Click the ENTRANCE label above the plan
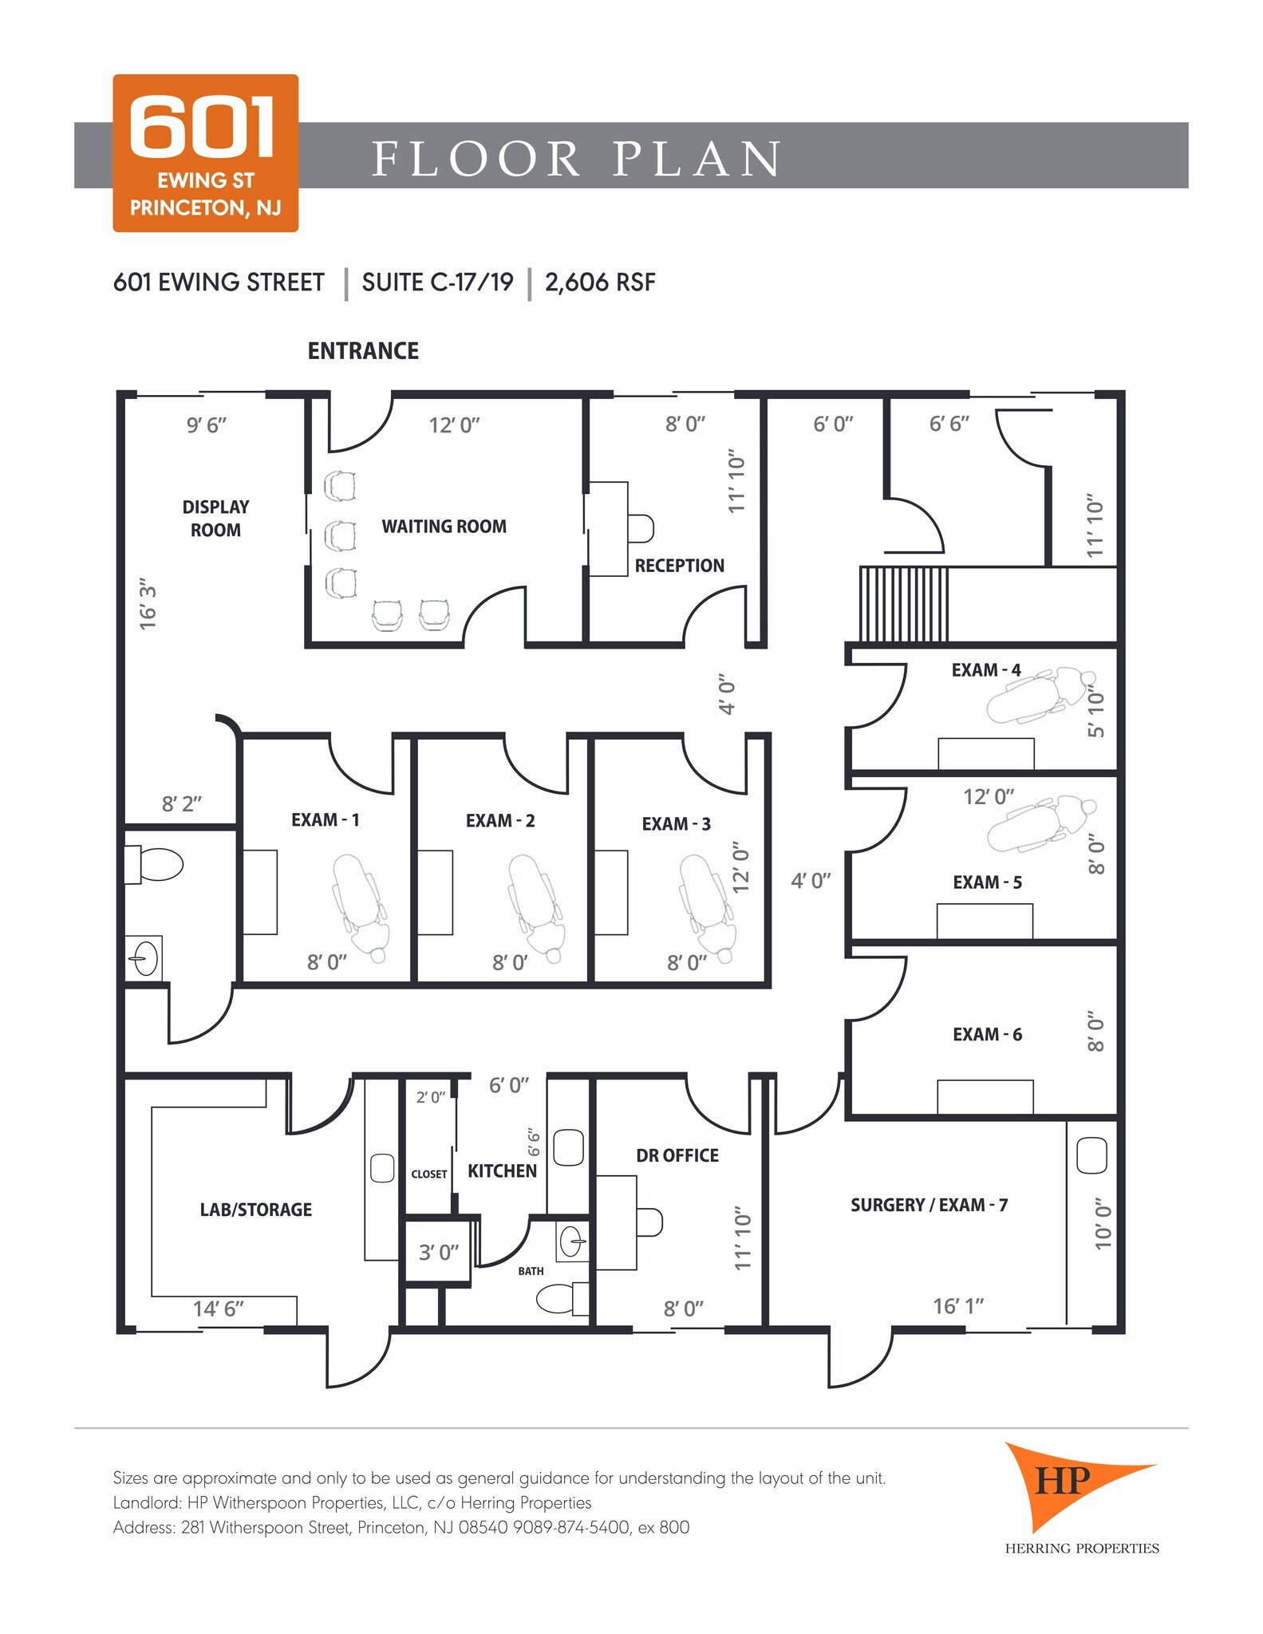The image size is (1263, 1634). tap(363, 351)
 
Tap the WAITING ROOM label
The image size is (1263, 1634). tap(444, 527)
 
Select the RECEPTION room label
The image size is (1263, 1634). tap(679, 566)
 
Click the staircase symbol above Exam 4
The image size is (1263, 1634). tap(904, 604)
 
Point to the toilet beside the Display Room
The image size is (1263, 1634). tap(155, 865)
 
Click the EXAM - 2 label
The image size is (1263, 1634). tap(500, 821)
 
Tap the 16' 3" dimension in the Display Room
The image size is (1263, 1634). tap(148, 605)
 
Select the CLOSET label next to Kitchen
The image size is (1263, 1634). tap(429, 1174)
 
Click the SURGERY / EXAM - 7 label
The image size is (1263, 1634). tap(929, 1205)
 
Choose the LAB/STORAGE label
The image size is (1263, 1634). tap(255, 1210)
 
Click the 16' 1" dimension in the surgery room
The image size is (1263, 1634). tap(958, 1306)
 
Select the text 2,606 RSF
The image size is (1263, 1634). tap(600, 282)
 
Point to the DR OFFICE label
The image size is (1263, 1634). tap(677, 1155)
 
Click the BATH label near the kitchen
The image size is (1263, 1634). tap(531, 1271)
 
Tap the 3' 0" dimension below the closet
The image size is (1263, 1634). tap(439, 1253)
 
